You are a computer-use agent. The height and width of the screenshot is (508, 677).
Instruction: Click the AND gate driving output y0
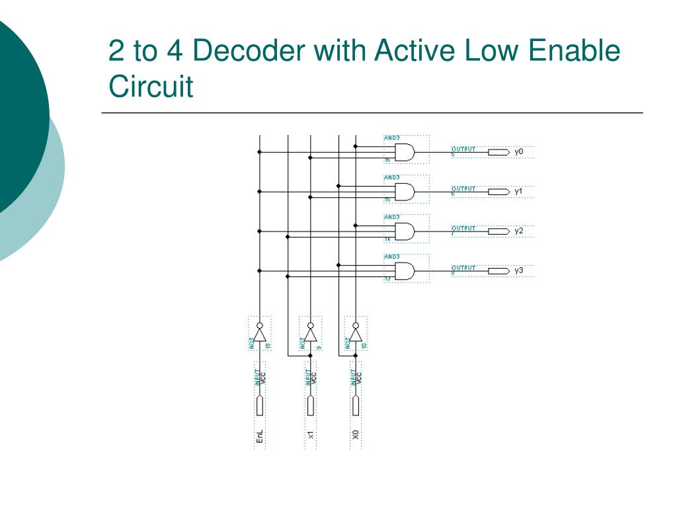(x=405, y=153)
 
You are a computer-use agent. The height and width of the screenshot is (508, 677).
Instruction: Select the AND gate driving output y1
(x=405, y=192)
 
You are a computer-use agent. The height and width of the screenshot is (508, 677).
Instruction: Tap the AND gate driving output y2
(x=405, y=232)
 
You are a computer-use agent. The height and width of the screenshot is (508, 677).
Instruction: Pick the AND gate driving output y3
(x=405, y=271)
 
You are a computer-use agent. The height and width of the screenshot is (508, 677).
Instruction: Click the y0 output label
(x=519, y=152)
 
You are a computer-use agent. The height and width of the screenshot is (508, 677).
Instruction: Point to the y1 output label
(x=519, y=192)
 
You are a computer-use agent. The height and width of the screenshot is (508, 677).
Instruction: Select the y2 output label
(x=519, y=232)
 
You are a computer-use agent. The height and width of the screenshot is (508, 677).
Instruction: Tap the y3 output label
(x=519, y=271)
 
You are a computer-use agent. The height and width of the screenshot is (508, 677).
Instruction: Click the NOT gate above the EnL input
(x=260, y=334)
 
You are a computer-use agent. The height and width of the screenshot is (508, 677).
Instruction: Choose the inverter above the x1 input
(x=311, y=334)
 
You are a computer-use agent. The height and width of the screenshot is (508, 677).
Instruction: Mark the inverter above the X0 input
(x=356, y=334)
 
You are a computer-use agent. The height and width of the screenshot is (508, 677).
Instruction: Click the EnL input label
(x=260, y=437)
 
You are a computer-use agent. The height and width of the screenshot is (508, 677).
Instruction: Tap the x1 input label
(x=311, y=435)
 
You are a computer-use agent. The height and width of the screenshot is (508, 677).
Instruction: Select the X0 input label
(x=356, y=435)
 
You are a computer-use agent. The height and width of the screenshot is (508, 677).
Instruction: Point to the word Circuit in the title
(x=151, y=86)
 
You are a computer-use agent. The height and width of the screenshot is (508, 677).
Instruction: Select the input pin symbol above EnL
(x=260, y=405)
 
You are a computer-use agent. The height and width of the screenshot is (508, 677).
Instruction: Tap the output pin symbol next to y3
(x=498, y=271)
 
